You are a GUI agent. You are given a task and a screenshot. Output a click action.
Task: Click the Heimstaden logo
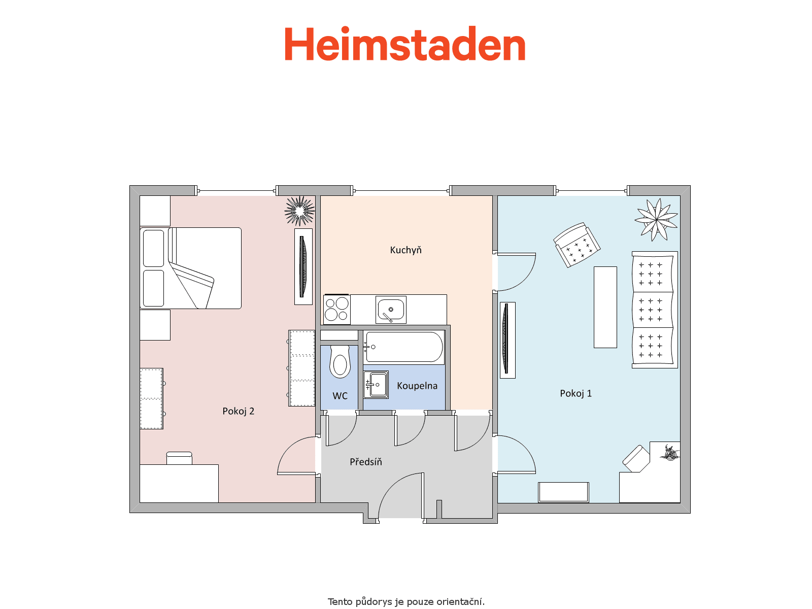[x=405, y=43]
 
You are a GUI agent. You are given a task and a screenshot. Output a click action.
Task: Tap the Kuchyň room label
[x=406, y=250]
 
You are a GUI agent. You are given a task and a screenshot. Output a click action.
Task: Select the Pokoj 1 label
[x=576, y=393]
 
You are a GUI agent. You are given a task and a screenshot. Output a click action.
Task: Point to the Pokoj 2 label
[x=238, y=411]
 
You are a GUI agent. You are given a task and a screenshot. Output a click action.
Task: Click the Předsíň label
[x=366, y=461]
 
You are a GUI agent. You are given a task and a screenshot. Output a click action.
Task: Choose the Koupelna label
[x=417, y=386]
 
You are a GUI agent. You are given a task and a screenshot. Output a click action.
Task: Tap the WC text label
[x=340, y=396]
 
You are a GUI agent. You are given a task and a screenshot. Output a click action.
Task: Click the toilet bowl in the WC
[x=340, y=362]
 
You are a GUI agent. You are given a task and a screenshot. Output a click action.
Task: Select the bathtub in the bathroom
[x=404, y=347]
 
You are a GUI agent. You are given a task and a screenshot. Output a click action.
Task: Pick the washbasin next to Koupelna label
[x=376, y=385]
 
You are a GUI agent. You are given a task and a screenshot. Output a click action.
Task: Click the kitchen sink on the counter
[x=391, y=309]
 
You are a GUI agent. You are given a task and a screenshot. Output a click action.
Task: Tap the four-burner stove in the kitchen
[x=336, y=310]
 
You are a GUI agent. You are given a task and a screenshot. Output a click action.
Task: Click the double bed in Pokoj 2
[x=190, y=268]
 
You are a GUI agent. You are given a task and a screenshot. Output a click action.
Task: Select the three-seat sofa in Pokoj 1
[x=654, y=310]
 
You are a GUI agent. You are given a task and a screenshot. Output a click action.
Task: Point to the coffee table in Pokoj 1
[x=605, y=307]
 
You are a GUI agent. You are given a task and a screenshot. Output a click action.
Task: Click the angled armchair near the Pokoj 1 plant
[x=577, y=245]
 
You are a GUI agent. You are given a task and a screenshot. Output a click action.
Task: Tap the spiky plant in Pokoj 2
[x=299, y=211]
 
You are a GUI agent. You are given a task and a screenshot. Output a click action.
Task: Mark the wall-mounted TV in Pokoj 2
[x=303, y=266]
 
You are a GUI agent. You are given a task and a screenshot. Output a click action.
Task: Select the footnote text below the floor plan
[x=406, y=601]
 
